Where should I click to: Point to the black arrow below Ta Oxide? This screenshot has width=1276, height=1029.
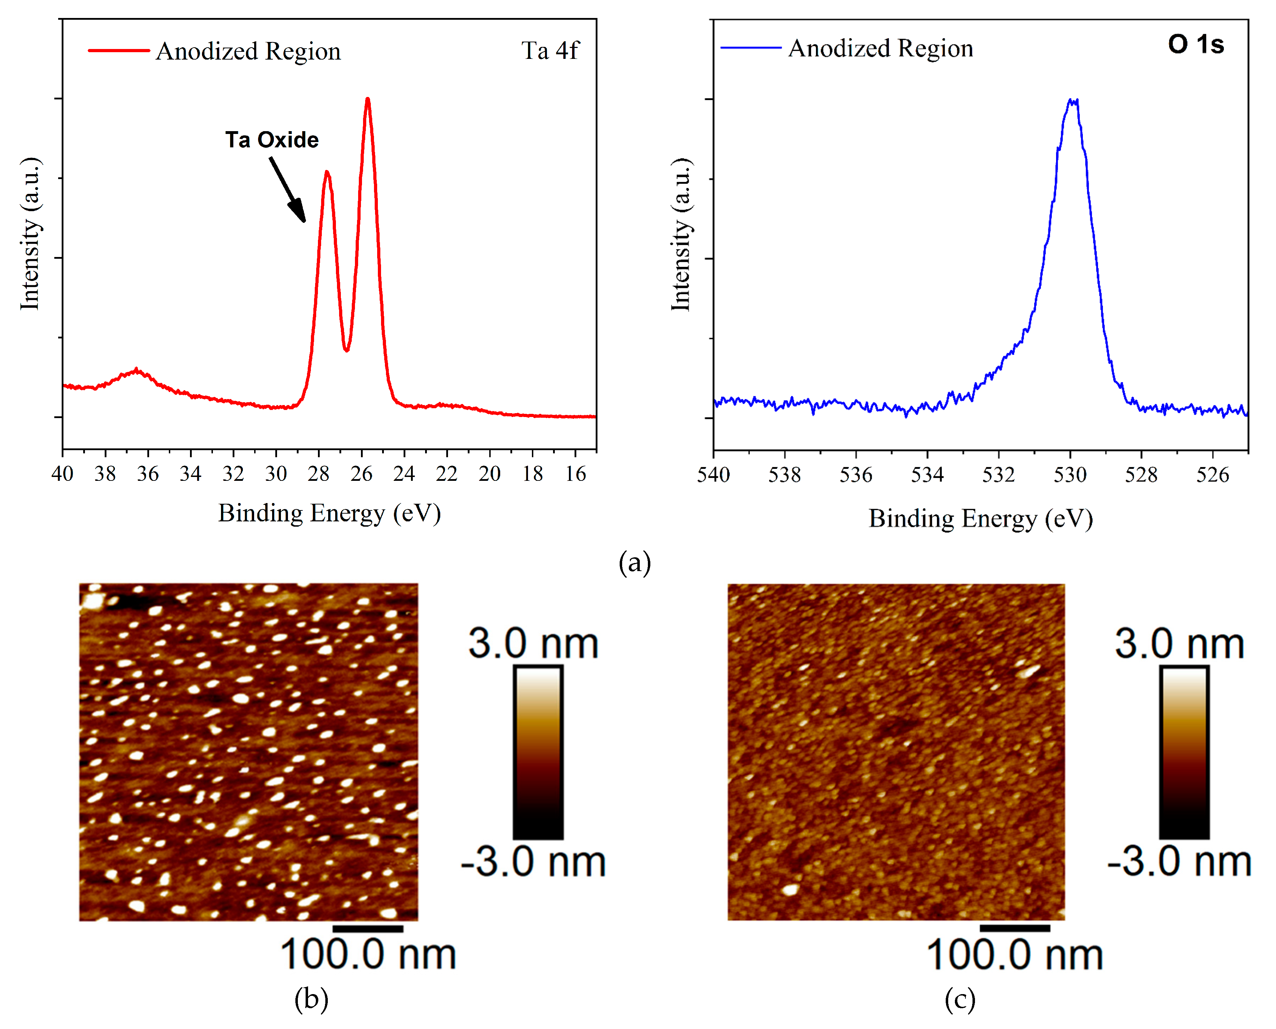288,189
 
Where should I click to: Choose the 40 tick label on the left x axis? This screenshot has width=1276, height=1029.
62,473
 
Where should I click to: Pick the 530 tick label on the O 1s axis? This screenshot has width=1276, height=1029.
1070,475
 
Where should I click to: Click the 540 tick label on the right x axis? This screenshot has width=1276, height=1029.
713,475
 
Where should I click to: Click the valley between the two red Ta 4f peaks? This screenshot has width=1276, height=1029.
347,350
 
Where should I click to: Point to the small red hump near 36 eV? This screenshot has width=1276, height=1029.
137,371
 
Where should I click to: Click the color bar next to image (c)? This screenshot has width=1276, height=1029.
1184,752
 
